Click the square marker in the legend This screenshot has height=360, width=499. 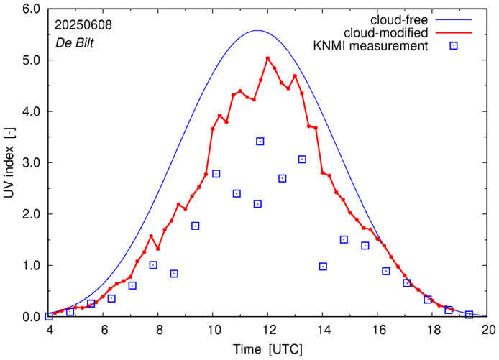(x=453, y=47)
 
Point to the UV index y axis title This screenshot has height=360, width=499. (x=10, y=163)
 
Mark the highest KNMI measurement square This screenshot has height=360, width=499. (x=260, y=141)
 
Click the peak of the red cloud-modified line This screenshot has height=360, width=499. (x=267, y=58)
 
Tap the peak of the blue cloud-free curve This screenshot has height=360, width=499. (x=257, y=30)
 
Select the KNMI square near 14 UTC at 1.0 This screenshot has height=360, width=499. (x=323, y=267)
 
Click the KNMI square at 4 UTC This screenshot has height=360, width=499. (x=49, y=316)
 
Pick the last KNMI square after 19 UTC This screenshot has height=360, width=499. (x=469, y=315)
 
